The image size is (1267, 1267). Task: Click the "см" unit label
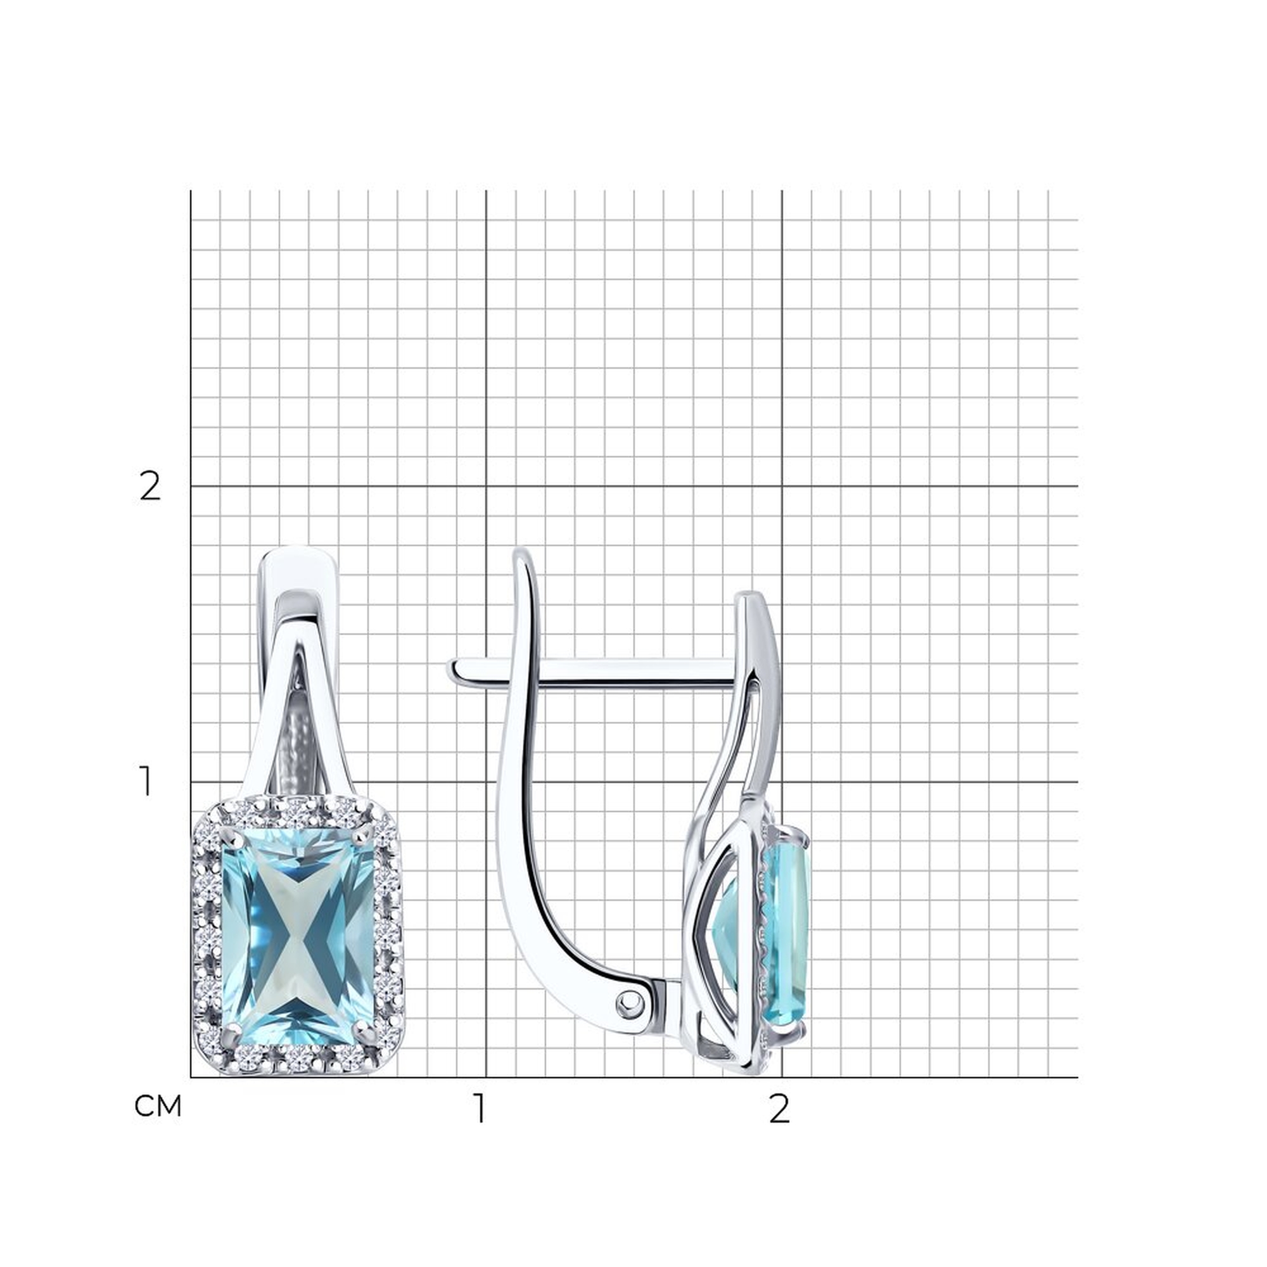pos(157,1107)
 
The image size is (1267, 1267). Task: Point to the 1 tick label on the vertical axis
pos(146,782)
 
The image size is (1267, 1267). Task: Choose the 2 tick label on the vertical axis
pos(150,487)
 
